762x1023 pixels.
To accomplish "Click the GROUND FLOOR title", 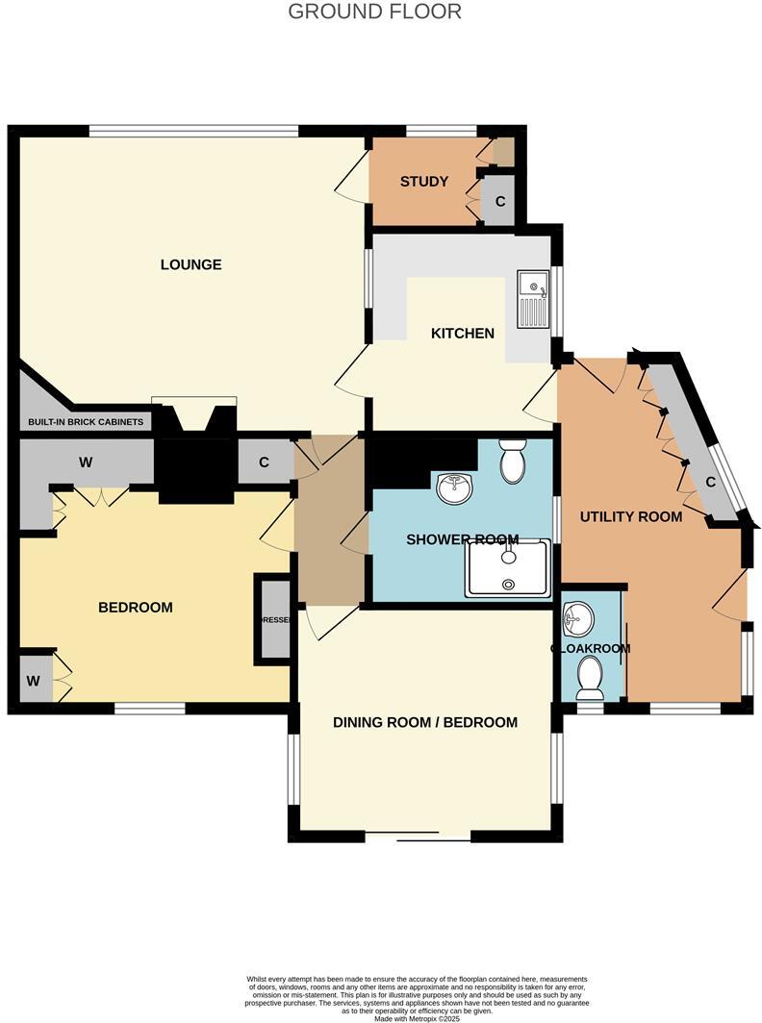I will (x=375, y=12).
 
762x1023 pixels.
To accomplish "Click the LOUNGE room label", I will (x=190, y=264).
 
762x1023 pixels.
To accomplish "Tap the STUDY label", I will (x=424, y=181).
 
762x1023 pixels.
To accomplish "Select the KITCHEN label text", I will (x=462, y=334).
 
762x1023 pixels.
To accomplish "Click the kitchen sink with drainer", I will (x=533, y=299).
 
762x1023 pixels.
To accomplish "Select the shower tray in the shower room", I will (x=508, y=568).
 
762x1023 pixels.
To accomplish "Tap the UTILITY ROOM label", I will (x=631, y=516).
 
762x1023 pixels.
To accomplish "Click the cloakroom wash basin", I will (x=578, y=618).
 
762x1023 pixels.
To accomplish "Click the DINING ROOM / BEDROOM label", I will (x=425, y=722).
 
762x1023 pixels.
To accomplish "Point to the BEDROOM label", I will (x=136, y=607).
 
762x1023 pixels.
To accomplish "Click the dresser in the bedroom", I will (x=272, y=620).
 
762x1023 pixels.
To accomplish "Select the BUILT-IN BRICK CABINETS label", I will (x=86, y=422).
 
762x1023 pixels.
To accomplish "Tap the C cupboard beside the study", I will (x=499, y=202).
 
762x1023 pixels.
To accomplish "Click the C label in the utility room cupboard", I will (x=710, y=482).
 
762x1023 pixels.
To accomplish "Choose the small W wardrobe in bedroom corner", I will (x=34, y=682).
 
